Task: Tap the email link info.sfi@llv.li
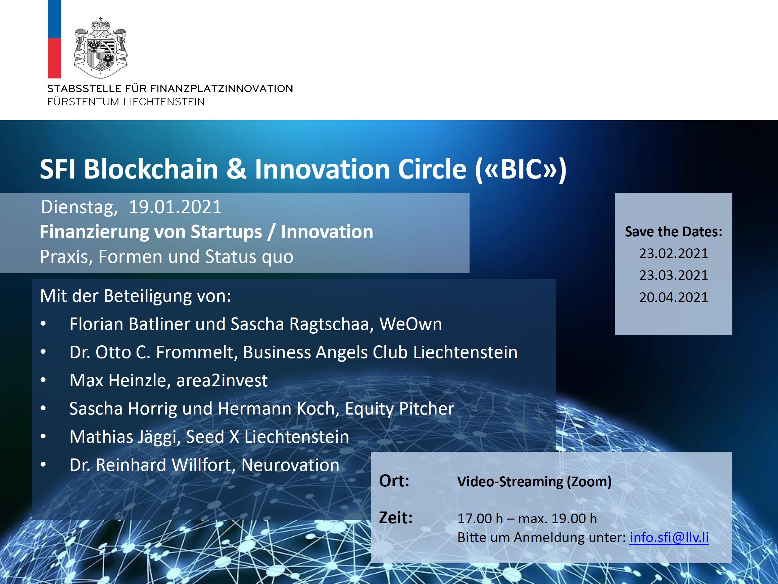click(x=669, y=537)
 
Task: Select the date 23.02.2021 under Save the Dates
click(x=674, y=253)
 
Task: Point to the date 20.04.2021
click(x=674, y=297)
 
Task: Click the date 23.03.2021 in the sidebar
click(x=674, y=275)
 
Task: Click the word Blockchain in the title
click(x=151, y=169)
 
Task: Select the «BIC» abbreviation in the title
click(x=521, y=169)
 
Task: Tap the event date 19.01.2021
click(x=175, y=206)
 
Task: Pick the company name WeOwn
click(x=410, y=324)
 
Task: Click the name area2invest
click(x=222, y=380)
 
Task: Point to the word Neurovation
click(x=290, y=465)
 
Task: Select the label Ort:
click(x=394, y=481)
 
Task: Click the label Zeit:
click(x=396, y=518)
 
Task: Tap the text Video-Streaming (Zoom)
click(x=534, y=482)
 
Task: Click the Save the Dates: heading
click(x=674, y=232)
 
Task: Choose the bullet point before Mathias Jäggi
click(x=43, y=437)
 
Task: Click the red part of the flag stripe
click(x=54, y=58)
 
